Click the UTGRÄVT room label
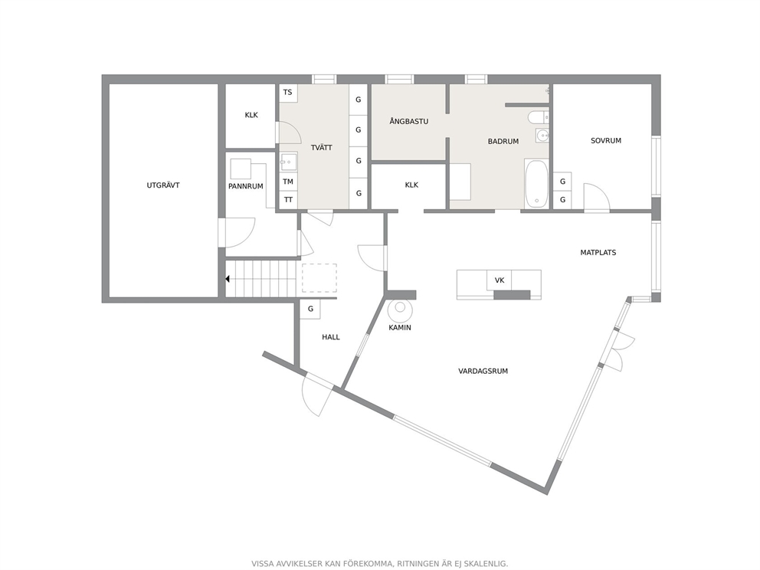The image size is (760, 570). point(163,185)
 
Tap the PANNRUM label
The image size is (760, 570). point(246,186)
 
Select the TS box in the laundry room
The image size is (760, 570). point(288,93)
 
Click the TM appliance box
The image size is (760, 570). point(288,182)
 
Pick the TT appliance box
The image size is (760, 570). point(288,200)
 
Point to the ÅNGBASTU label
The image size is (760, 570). point(408,121)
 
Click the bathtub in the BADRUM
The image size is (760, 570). point(536,184)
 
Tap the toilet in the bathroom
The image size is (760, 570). point(538,117)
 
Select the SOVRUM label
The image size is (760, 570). point(606,140)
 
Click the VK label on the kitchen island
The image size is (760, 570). point(500,280)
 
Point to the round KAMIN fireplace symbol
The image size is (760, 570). point(401,308)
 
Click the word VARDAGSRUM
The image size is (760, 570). point(483,372)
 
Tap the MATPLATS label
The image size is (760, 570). point(598,253)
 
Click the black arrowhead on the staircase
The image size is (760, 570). point(228,279)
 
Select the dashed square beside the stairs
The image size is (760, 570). point(319,278)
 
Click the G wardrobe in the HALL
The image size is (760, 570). point(310,309)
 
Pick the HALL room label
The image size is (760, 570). point(331,337)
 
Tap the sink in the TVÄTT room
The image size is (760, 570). point(288,162)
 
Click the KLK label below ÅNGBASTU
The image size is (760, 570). point(411,185)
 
